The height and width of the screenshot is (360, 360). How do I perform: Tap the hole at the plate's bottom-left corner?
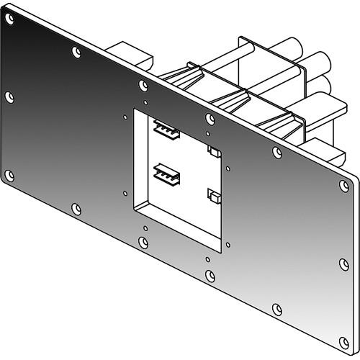click(x=9, y=175)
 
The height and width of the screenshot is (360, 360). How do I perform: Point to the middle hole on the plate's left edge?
click(x=9, y=96)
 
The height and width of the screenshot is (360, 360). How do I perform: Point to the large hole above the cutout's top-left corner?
click(x=144, y=85)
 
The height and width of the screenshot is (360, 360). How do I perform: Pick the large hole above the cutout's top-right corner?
click(x=210, y=118)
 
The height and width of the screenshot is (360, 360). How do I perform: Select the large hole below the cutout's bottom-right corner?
click(x=210, y=275)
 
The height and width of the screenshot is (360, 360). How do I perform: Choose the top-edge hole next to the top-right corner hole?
click(x=277, y=151)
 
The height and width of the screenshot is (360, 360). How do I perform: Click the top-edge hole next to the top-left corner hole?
click(x=77, y=51)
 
